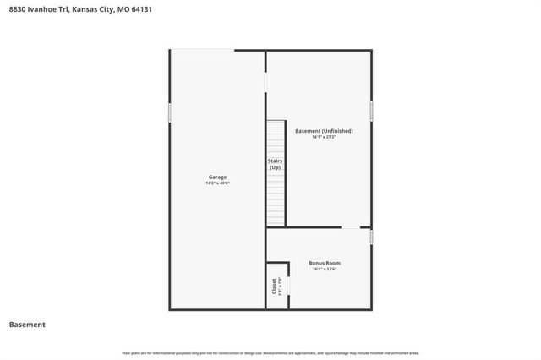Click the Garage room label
click(217, 177)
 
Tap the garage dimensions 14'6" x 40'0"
click(217, 183)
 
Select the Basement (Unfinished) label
click(324, 131)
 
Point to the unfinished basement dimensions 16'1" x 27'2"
click(324, 138)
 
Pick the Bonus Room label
click(325, 263)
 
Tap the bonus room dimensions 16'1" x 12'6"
click(325, 270)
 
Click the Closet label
click(273, 286)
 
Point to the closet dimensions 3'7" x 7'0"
click(280, 286)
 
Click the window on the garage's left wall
click(170, 112)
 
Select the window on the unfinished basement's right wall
click(371, 111)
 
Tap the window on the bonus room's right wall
click(371, 237)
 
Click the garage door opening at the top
click(204, 51)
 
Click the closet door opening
click(287, 286)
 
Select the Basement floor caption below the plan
click(27, 325)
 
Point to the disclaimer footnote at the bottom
click(270, 352)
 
